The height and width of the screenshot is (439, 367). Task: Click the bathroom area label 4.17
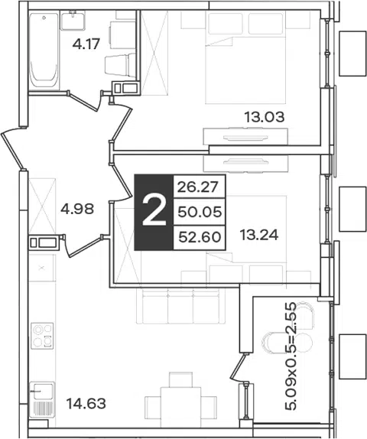click(86, 44)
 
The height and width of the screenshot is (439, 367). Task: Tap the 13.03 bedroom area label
click(265, 117)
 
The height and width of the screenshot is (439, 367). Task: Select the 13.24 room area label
click(259, 235)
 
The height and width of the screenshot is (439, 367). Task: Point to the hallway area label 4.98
click(77, 209)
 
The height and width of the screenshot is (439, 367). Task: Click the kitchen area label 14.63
click(86, 404)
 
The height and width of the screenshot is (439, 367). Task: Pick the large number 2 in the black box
click(154, 212)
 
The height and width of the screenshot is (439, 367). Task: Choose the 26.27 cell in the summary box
click(197, 187)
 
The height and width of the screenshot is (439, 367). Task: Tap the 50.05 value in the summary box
click(200, 212)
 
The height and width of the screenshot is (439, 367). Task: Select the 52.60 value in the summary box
click(200, 237)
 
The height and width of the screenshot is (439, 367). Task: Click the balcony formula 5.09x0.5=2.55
click(291, 356)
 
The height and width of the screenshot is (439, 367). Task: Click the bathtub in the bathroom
click(44, 50)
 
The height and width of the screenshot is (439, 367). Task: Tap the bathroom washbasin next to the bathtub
click(73, 20)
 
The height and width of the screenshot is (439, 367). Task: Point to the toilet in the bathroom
click(120, 66)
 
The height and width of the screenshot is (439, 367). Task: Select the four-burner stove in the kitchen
click(42, 336)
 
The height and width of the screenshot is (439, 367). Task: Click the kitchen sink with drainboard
click(42, 400)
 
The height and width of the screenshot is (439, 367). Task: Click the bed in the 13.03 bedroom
click(245, 57)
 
